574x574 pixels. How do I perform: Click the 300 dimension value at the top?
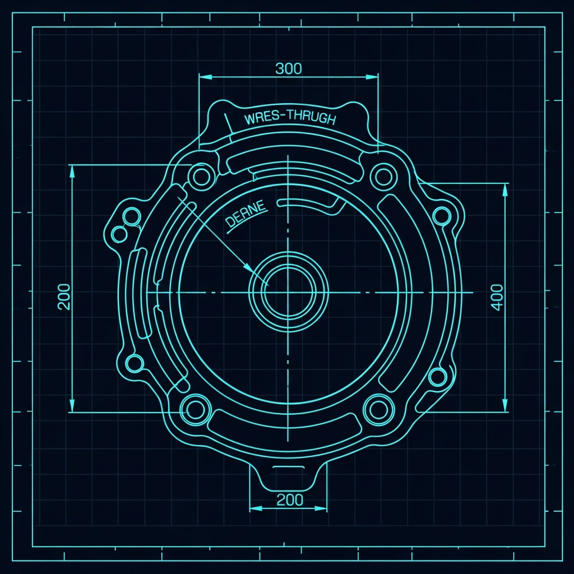pos(289,68)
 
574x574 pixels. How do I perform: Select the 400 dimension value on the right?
pos(497,297)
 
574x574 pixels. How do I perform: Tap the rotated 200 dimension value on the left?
pos(64,297)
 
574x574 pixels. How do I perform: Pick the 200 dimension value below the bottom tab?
pos(290,499)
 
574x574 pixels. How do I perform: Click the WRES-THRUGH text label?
pos(290,118)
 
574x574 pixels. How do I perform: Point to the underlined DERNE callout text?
pos(246,214)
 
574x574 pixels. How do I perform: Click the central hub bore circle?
pos(288,291)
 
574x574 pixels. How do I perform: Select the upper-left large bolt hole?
pos(201,177)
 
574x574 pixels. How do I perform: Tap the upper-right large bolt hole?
pos(383,177)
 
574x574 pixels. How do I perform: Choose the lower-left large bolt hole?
pos(195,409)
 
